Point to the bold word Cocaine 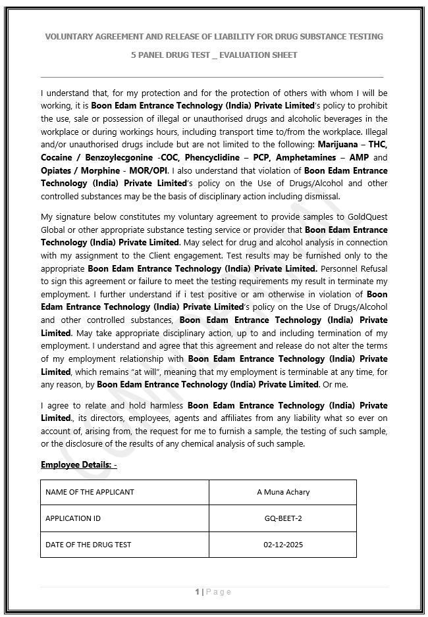click(x=57, y=158)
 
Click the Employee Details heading click(x=78, y=465)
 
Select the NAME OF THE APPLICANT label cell click(x=90, y=492)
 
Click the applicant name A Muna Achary click(x=283, y=492)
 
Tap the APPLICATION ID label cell click(x=73, y=518)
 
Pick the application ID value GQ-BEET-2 click(x=283, y=518)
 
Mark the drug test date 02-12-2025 click(x=283, y=545)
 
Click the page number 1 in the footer click(x=197, y=592)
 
